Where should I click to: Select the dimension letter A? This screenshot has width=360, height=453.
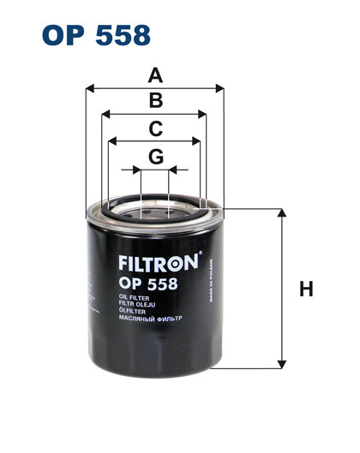tap(155, 75)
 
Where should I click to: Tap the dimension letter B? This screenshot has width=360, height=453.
tap(155, 102)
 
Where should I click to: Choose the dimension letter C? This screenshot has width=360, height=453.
tap(155, 129)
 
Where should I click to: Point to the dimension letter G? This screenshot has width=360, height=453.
tap(155, 157)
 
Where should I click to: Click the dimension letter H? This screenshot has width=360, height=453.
tap(305, 289)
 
